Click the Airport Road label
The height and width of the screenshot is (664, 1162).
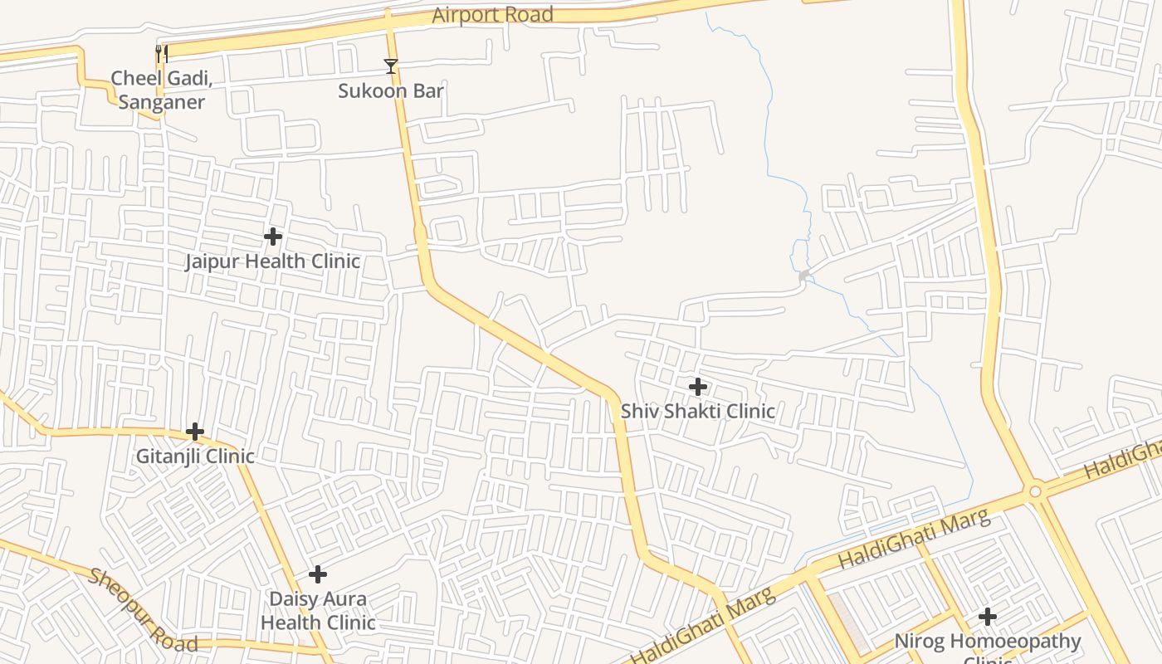click(492, 15)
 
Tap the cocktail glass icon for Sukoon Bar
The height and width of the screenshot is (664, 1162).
click(391, 66)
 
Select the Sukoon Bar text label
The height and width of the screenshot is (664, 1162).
click(391, 90)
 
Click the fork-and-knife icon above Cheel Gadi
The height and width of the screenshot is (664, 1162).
click(162, 55)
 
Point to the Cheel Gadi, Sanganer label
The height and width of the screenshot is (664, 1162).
click(162, 90)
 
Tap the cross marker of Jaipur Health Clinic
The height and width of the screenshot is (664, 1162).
click(273, 237)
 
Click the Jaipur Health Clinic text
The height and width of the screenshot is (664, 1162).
click(272, 261)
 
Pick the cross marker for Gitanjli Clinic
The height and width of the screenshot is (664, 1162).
click(195, 432)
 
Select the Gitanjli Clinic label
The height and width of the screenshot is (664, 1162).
click(195, 456)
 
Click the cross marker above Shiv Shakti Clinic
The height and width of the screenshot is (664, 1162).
click(698, 386)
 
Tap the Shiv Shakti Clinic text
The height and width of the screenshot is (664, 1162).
click(698, 411)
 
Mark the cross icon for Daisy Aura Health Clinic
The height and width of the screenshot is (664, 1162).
click(318, 574)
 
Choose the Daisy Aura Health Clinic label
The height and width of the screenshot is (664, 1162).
click(318, 610)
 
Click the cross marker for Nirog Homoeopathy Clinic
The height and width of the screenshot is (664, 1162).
click(987, 617)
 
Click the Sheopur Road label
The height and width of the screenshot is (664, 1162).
click(143, 611)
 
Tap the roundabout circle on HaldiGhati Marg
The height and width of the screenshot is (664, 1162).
click(1035, 491)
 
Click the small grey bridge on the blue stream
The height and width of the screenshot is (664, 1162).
click(803, 275)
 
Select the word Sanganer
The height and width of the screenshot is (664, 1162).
click(162, 102)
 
